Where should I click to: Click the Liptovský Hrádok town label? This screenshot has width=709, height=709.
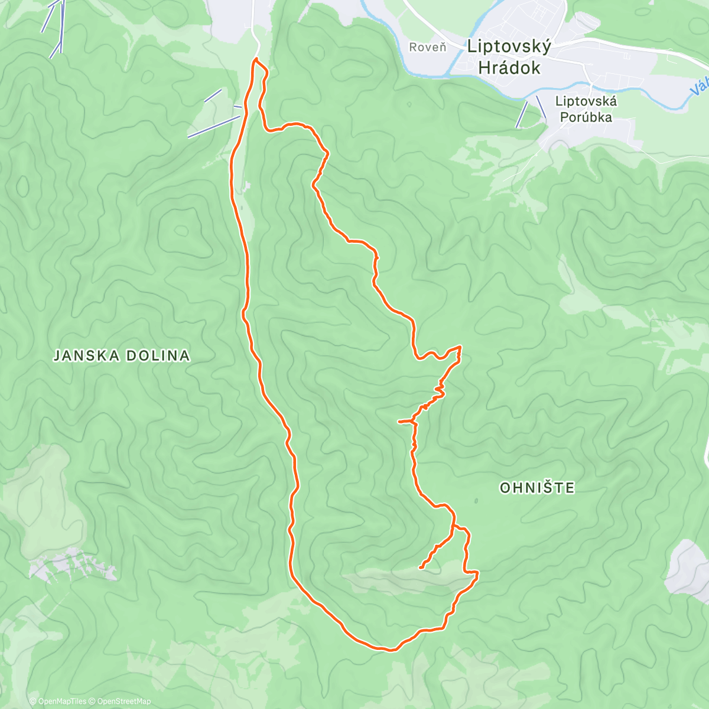coord(509,57)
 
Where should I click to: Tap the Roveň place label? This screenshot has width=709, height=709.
coord(427,47)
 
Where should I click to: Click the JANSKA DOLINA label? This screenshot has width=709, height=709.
coord(122,356)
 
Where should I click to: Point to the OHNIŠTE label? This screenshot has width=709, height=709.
coord(536,488)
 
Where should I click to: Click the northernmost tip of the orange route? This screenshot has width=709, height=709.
coord(256,60)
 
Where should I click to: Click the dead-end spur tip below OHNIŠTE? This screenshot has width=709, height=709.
coord(420,568)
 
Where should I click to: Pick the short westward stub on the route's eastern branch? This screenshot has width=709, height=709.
coord(400,422)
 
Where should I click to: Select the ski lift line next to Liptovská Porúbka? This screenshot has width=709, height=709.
coord(522,114)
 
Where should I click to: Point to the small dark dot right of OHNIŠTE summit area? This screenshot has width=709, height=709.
coord(476,501)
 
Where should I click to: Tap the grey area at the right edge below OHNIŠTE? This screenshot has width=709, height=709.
coord(688,567)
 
